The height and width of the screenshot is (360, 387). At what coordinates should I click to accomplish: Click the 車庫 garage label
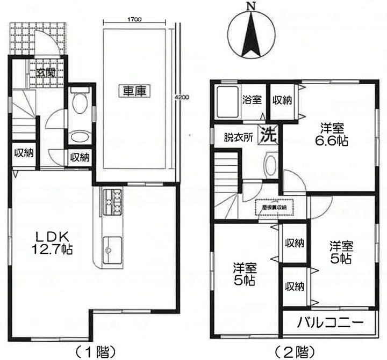click(x=134, y=91)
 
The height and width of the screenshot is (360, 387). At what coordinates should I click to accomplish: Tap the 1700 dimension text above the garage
click(x=134, y=19)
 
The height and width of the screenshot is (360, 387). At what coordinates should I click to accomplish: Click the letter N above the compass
click(x=250, y=7)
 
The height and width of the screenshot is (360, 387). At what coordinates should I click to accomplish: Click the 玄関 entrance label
click(x=46, y=72)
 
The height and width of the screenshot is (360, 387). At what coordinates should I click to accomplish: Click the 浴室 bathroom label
click(x=250, y=100)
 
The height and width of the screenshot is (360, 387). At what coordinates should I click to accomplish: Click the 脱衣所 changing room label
click(x=238, y=137)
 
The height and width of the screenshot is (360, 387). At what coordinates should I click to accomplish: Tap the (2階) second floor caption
click(x=292, y=352)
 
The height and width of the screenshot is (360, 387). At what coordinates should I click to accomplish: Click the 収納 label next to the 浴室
click(x=281, y=100)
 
